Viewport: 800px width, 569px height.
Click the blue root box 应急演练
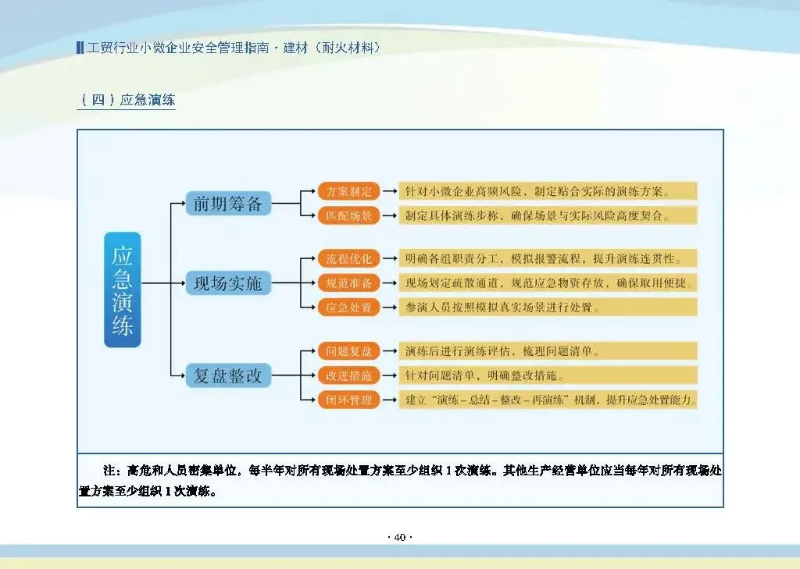(x=123, y=290)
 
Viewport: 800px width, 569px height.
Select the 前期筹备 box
(x=228, y=204)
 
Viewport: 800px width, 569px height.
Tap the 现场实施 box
(x=228, y=283)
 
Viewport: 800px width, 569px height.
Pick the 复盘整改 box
(x=228, y=376)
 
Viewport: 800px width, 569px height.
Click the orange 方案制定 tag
(x=348, y=191)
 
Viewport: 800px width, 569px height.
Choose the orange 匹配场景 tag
(x=348, y=215)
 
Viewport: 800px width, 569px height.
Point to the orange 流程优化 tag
(x=348, y=258)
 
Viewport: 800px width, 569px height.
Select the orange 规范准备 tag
(x=348, y=283)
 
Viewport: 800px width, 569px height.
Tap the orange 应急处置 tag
(x=348, y=307)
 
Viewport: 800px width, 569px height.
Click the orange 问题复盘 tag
(x=348, y=351)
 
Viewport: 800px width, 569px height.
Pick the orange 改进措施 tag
(x=348, y=375)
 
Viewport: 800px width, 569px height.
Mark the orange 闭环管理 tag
(x=348, y=400)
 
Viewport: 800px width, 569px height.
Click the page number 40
(x=400, y=537)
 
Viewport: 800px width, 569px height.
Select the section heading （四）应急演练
(x=127, y=100)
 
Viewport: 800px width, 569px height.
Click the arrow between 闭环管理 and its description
(x=389, y=400)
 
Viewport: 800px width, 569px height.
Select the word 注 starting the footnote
(x=109, y=471)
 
